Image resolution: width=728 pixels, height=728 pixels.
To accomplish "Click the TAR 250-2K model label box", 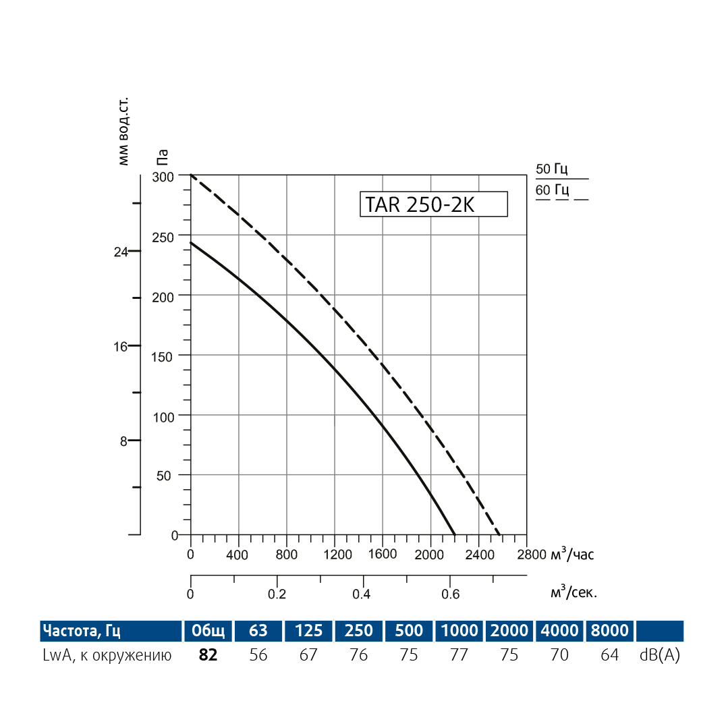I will point(434,204).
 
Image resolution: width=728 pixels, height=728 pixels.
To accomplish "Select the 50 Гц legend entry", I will point(552,169).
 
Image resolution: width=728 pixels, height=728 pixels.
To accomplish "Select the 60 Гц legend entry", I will point(552,190).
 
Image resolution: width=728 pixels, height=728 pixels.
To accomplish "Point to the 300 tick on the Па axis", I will point(163,176).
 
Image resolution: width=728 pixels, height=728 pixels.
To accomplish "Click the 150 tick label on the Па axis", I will point(163,356).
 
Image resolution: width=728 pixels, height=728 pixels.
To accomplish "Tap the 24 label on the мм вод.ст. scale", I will point(121,252).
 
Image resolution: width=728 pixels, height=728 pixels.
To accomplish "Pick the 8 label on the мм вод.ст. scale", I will point(123,441).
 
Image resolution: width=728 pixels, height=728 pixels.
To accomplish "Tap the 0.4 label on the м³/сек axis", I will point(362,594).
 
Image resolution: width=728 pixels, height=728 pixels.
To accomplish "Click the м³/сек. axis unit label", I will point(573,593).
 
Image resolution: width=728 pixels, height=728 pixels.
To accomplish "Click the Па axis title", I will point(163,157).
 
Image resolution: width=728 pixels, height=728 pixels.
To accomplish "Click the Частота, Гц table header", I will point(82,631).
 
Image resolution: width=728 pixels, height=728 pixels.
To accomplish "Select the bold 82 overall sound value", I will point(208,655).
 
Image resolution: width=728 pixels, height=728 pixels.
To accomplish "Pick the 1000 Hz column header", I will point(459,631).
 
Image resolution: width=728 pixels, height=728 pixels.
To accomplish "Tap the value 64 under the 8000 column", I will point(610,655).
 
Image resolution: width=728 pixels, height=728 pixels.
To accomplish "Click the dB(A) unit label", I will point(659,655).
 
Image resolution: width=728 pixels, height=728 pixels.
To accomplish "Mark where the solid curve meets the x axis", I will point(455,535).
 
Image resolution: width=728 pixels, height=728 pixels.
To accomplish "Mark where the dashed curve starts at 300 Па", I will point(192,175).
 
